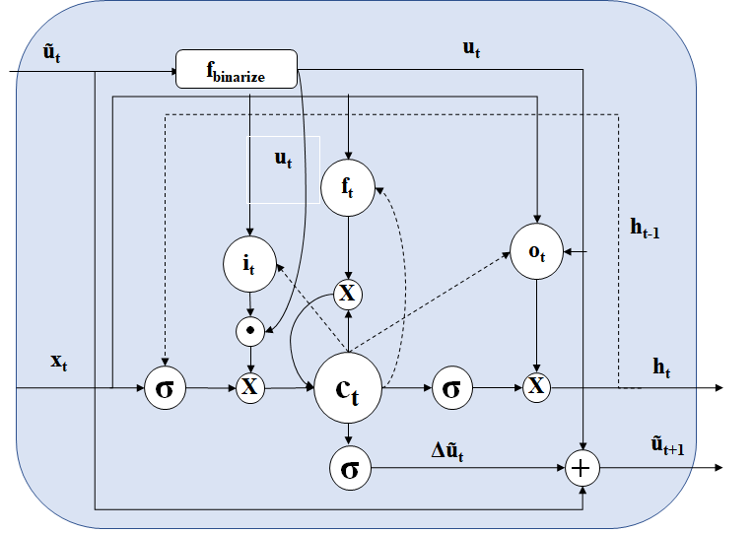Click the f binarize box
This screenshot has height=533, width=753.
point(237,69)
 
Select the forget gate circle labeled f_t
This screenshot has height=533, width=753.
point(348,188)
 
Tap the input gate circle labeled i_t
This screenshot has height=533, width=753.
point(249,264)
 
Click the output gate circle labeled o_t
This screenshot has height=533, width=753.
point(536,251)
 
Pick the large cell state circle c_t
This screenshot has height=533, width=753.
point(348,388)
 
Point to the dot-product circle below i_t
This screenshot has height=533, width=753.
point(250,331)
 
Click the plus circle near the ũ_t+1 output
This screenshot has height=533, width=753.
point(582,468)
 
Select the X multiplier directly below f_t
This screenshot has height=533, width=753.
point(348,294)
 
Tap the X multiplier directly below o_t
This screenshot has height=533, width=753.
point(536,387)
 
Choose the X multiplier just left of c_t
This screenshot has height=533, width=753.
point(250,387)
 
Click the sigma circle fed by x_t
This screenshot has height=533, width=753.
point(166,388)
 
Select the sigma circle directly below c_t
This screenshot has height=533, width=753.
point(350,468)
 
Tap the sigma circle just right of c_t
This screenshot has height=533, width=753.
point(451,388)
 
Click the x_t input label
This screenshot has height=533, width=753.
point(58,362)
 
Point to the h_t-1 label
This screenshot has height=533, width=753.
point(645,229)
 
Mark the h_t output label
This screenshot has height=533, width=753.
point(661,367)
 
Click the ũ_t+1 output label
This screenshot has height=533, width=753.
point(667,445)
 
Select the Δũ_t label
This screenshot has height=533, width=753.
point(447,451)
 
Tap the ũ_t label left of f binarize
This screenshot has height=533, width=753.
point(52,53)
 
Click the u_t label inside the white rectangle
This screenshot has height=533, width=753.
point(283,159)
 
